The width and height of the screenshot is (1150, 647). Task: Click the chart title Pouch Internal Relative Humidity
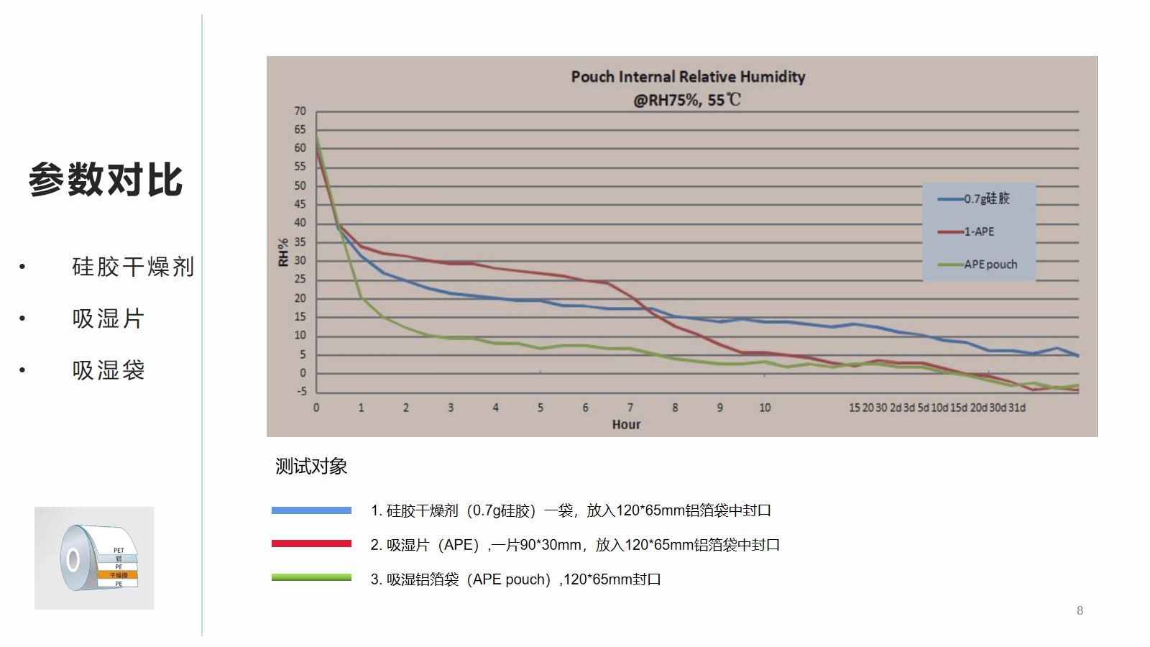pyautogui.click(x=688, y=77)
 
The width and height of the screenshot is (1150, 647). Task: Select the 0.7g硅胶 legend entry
pyautogui.click(x=986, y=198)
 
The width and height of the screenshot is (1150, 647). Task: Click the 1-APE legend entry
pyautogui.click(x=979, y=231)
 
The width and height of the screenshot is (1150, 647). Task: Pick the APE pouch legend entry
pyautogui.click(x=990, y=265)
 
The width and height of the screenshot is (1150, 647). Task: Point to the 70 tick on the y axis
pyautogui.click(x=300, y=111)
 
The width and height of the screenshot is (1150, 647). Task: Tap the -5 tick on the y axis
pyautogui.click(x=301, y=392)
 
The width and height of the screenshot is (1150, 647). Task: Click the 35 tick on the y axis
pyautogui.click(x=300, y=242)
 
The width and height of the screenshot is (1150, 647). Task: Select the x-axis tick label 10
pyautogui.click(x=765, y=408)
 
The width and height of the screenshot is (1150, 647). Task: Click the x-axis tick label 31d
pyautogui.click(x=1017, y=408)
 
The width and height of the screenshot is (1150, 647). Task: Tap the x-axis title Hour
pyautogui.click(x=626, y=425)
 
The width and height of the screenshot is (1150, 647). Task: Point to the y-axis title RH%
pyautogui.click(x=283, y=252)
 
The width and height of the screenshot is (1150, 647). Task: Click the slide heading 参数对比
pyautogui.click(x=106, y=180)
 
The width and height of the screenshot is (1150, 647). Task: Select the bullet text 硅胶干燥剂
pyautogui.click(x=133, y=267)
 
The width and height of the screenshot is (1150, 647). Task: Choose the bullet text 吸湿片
pyautogui.click(x=109, y=318)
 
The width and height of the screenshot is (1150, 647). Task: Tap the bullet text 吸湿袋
pyautogui.click(x=109, y=370)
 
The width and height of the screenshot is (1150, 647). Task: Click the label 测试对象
pyautogui.click(x=311, y=467)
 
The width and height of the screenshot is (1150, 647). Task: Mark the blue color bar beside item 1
pyautogui.click(x=311, y=510)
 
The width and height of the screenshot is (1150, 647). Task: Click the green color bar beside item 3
pyautogui.click(x=311, y=577)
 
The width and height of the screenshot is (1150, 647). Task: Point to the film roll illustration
pyautogui.click(x=94, y=559)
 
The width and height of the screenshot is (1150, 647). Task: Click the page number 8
pyautogui.click(x=1080, y=610)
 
